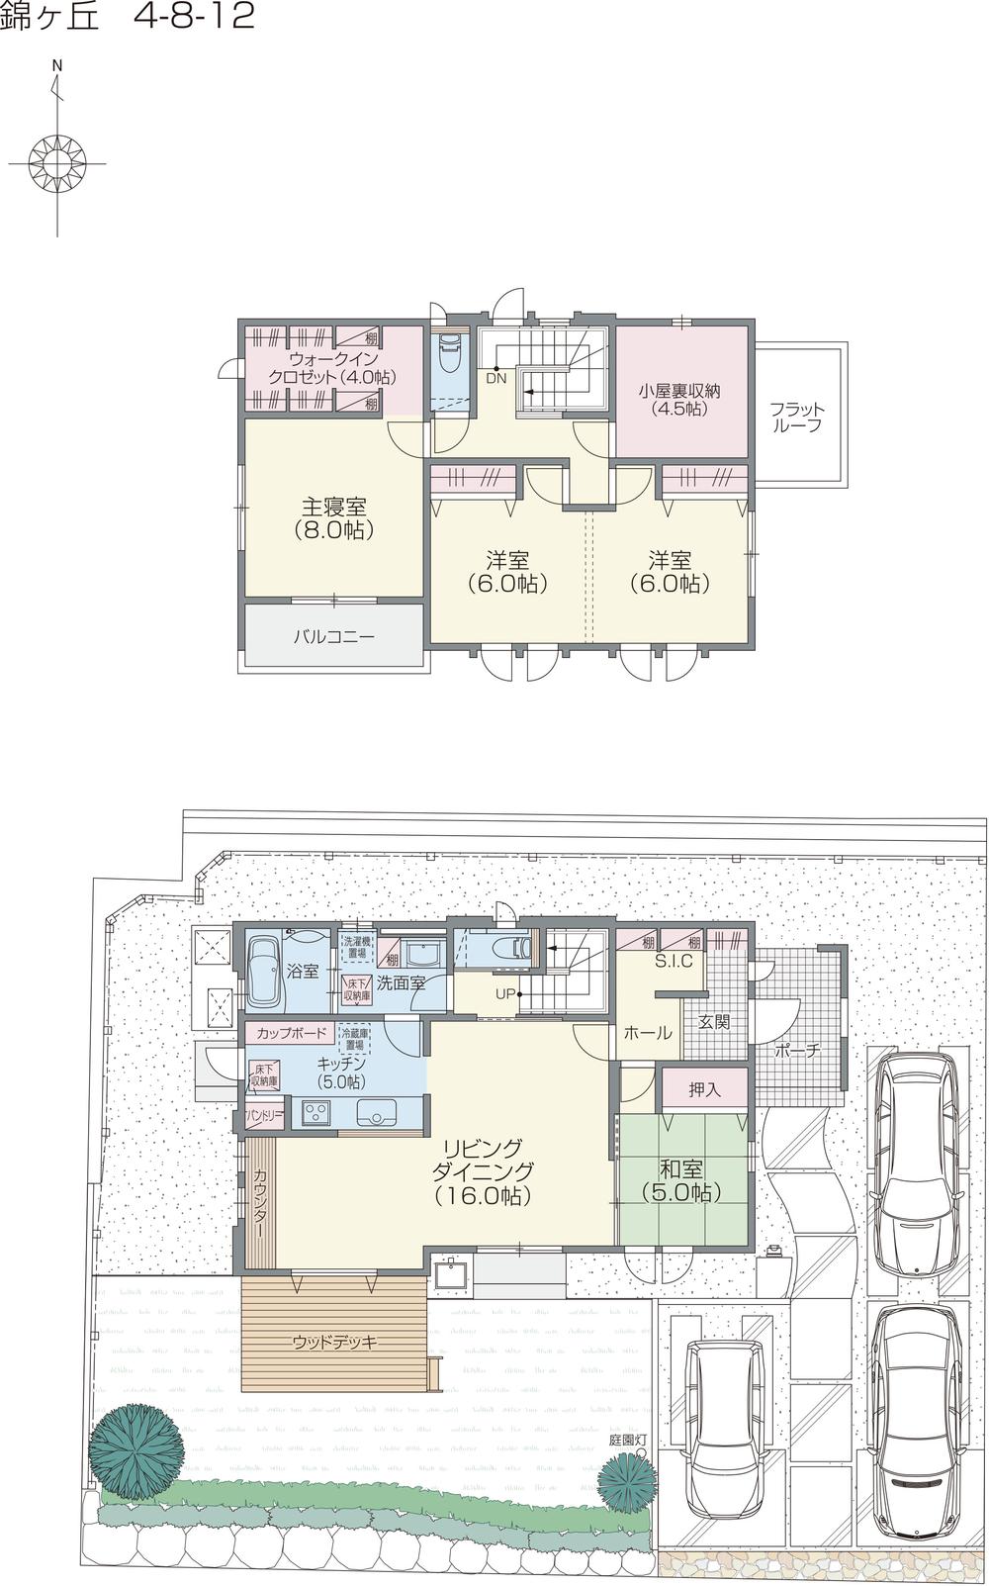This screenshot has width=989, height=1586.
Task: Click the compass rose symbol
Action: tap(57, 159)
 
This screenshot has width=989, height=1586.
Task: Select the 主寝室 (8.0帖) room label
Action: tap(333, 518)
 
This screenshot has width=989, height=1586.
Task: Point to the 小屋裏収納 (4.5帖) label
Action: tap(678, 399)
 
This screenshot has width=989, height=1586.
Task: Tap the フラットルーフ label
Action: tap(796, 418)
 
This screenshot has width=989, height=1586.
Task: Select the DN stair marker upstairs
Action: tap(496, 378)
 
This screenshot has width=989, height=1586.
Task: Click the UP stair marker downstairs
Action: tap(505, 993)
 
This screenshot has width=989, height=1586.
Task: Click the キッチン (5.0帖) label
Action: tap(342, 1073)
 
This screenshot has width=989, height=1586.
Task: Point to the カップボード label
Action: tap(291, 1034)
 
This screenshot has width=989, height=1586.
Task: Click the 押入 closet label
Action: tap(704, 1089)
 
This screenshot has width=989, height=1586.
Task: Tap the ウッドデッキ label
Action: tap(334, 1343)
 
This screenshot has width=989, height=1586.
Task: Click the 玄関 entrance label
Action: tap(714, 1021)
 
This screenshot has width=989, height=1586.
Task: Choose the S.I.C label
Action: tap(673, 961)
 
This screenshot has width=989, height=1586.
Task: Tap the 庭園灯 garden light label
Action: tap(627, 1440)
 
